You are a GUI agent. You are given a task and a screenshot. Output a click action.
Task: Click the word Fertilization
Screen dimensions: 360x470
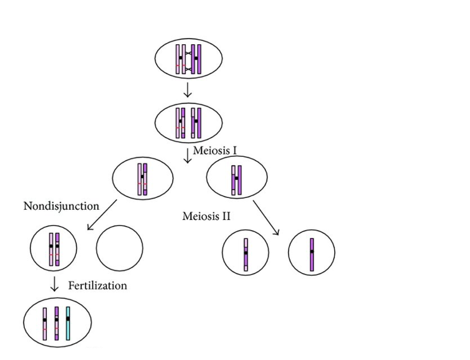[x=97, y=286]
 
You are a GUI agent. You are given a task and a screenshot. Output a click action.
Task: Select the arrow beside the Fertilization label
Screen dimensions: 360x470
[x=54, y=285]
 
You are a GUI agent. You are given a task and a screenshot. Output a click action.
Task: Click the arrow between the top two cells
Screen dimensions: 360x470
[x=188, y=91]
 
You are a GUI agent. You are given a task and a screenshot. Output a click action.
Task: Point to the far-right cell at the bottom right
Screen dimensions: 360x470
[x=312, y=253]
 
